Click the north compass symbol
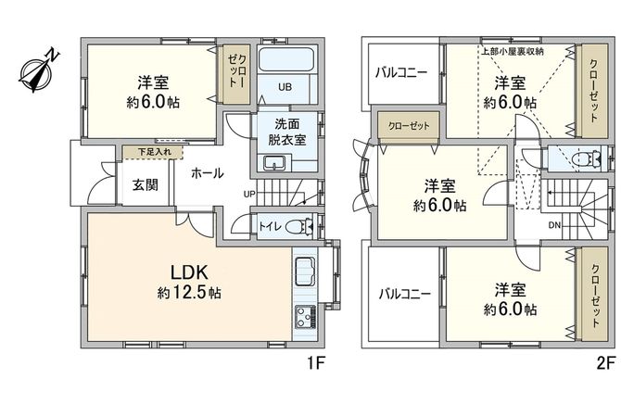[37, 71]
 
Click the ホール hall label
[207, 173]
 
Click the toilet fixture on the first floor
[297, 225]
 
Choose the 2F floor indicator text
[604, 362]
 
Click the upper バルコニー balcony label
[400, 71]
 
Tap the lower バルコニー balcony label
[405, 294]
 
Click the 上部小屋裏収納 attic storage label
[512, 51]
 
